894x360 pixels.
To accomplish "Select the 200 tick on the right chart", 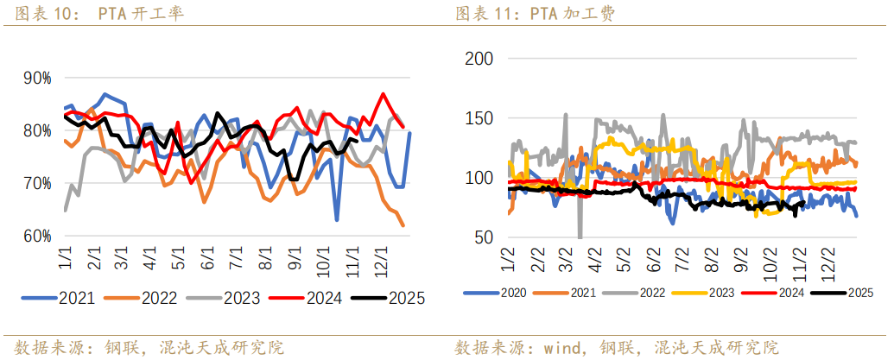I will (479, 59).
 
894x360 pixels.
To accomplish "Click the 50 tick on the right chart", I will (484, 237).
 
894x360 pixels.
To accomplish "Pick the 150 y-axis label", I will (479, 118).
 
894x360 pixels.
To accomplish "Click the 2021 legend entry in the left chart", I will (74, 299).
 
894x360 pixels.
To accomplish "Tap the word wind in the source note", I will (561, 347).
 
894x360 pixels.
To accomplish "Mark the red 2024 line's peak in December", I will (384, 94).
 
